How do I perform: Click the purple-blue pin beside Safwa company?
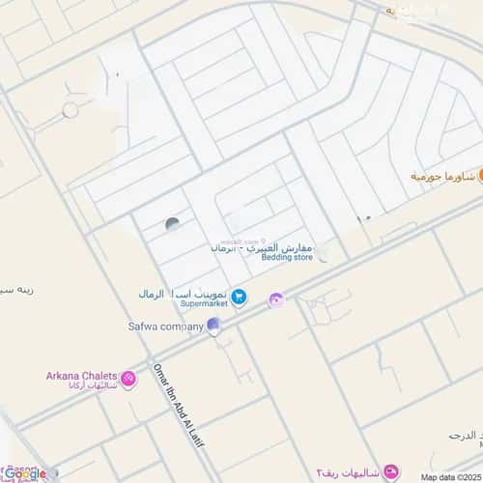click(214, 327)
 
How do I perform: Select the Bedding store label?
click(290, 258)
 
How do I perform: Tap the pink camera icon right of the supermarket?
click(276, 299)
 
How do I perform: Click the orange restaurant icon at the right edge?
click(469, 176)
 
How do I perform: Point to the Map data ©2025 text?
click(449, 476)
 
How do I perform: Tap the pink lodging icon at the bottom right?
click(390, 470)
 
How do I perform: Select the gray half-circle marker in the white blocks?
click(173, 224)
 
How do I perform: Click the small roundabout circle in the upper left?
click(70, 111)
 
